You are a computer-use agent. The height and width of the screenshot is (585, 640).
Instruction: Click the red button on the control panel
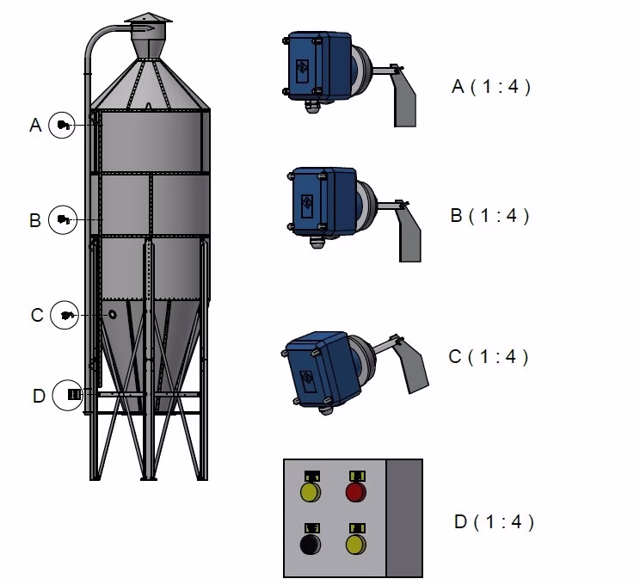tap(355, 492)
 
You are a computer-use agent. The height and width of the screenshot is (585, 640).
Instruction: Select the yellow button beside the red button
tap(310, 492)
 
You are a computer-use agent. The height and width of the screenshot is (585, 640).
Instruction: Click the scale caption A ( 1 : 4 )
tap(490, 86)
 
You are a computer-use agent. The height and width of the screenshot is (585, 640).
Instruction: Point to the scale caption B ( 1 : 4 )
tap(489, 215)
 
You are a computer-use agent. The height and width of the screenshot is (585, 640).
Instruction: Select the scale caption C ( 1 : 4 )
tap(489, 356)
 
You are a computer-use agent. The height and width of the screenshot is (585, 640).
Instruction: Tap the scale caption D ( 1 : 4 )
tap(493, 522)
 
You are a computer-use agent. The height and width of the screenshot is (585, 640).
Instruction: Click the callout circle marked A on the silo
tap(62, 125)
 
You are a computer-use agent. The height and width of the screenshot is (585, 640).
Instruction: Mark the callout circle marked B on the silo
tap(62, 219)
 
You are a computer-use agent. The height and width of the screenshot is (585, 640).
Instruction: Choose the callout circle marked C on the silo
tap(64, 315)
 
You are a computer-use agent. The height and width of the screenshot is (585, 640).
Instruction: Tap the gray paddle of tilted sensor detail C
tap(414, 365)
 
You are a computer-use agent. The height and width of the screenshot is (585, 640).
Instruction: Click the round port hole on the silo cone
tap(112, 315)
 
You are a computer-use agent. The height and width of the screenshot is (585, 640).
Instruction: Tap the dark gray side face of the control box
tap(404, 518)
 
